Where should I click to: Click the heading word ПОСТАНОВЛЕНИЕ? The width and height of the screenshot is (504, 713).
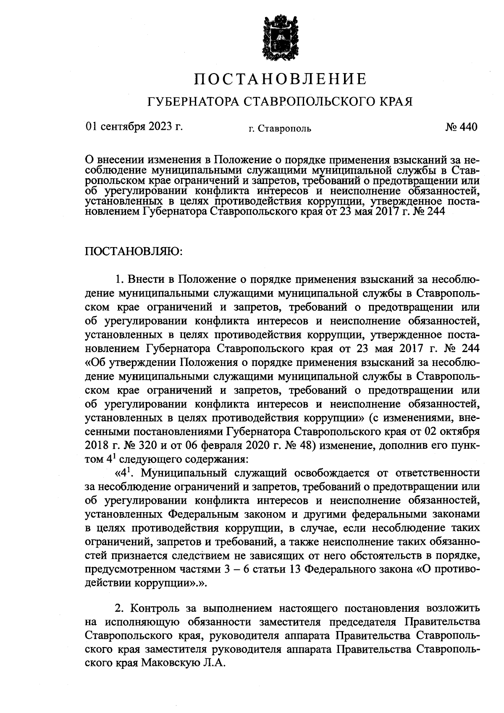[x=280, y=79]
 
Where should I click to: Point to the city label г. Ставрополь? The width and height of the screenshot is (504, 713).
[x=280, y=128]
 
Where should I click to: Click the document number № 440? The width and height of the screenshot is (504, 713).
[x=461, y=126]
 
